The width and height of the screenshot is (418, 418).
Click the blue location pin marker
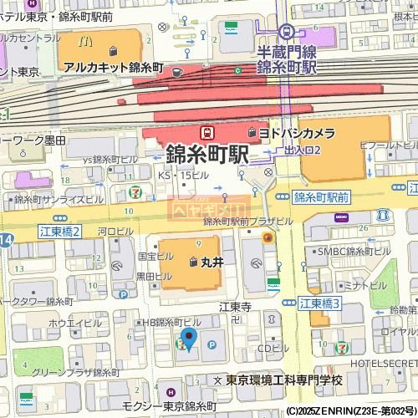point(189,339)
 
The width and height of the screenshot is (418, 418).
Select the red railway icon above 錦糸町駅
point(206,132)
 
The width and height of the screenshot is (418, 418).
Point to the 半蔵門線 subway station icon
point(287,32)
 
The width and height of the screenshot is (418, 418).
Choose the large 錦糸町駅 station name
point(207,155)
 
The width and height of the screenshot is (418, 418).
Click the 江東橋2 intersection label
point(59,231)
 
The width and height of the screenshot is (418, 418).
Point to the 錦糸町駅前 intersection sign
point(321,198)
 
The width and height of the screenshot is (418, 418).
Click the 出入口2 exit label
point(302,150)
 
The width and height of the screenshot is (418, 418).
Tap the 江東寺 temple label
point(235,307)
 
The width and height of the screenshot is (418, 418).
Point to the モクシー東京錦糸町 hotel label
point(168,405)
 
